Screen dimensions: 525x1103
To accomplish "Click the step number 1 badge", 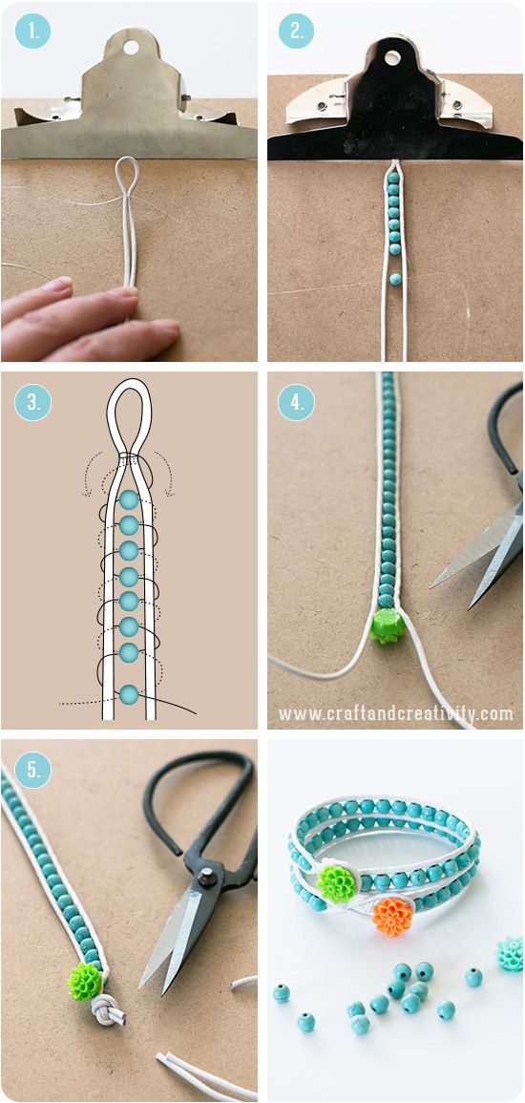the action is [x=32, y=31].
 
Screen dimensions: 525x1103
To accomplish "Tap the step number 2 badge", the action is [x=296, y=31].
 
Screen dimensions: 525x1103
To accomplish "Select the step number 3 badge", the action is [x=32, y=402].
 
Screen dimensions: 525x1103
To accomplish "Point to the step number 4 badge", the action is [x=296, y=402].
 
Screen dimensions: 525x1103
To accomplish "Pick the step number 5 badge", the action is [x=32, y=771].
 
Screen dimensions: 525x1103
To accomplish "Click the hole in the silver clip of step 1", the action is [x=131, y=47].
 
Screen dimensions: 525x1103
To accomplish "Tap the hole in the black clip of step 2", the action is [x=392, y=57].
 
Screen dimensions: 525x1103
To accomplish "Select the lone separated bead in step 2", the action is [x=396, y=279].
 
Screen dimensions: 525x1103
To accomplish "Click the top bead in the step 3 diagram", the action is [x=129, y=500].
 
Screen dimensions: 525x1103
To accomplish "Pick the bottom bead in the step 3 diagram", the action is [x=129, y=694].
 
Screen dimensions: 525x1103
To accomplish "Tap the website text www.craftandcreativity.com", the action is [x=396, y=714].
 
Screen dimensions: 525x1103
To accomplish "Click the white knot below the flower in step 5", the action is [x=106, y=1008].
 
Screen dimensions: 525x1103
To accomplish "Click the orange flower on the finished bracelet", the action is [x=393, y=915].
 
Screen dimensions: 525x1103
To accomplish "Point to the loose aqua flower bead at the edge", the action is [x=511, y=953].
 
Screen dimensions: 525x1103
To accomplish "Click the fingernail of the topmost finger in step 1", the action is [x=57, y=286].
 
